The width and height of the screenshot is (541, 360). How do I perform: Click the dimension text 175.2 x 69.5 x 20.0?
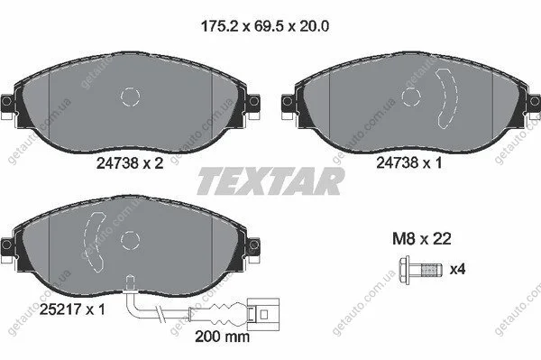(x=264, y=26)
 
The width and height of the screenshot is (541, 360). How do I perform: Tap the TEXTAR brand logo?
(x=270, y=180)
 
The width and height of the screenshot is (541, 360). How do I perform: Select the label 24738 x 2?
(x=130, y=163)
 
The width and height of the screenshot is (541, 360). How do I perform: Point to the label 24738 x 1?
(x=408, y=162)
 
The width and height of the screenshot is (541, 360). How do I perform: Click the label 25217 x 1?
(x=72, y=309)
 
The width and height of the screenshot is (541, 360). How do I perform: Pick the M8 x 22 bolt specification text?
(x=422, y=238)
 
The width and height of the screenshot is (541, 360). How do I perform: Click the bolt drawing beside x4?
(x=420, y=270)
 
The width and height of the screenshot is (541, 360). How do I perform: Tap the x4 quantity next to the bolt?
(x=457, y=269)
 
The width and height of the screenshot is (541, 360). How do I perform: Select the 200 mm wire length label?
(x=222, y=337)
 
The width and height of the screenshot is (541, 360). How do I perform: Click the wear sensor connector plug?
(x=264, y=315)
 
